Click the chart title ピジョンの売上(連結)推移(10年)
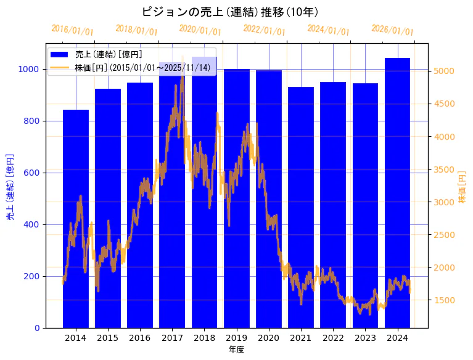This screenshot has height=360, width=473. click(229, 12)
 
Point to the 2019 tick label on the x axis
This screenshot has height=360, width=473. click(237, 338)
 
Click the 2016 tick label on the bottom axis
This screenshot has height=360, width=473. click(140, 338)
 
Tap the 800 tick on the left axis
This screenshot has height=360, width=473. click(32, 121)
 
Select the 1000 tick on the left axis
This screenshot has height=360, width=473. click(30, 69)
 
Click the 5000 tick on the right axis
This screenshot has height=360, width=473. click(445, 71)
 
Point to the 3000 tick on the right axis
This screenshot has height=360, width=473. click(445, 202)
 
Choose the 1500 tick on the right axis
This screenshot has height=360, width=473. click(445, 300)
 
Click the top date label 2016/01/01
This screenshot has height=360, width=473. click(73, 30)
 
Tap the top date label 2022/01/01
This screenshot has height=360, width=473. click(265, 30)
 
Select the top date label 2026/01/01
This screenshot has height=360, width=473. click(393, 30)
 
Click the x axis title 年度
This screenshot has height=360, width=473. click(236, 350)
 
